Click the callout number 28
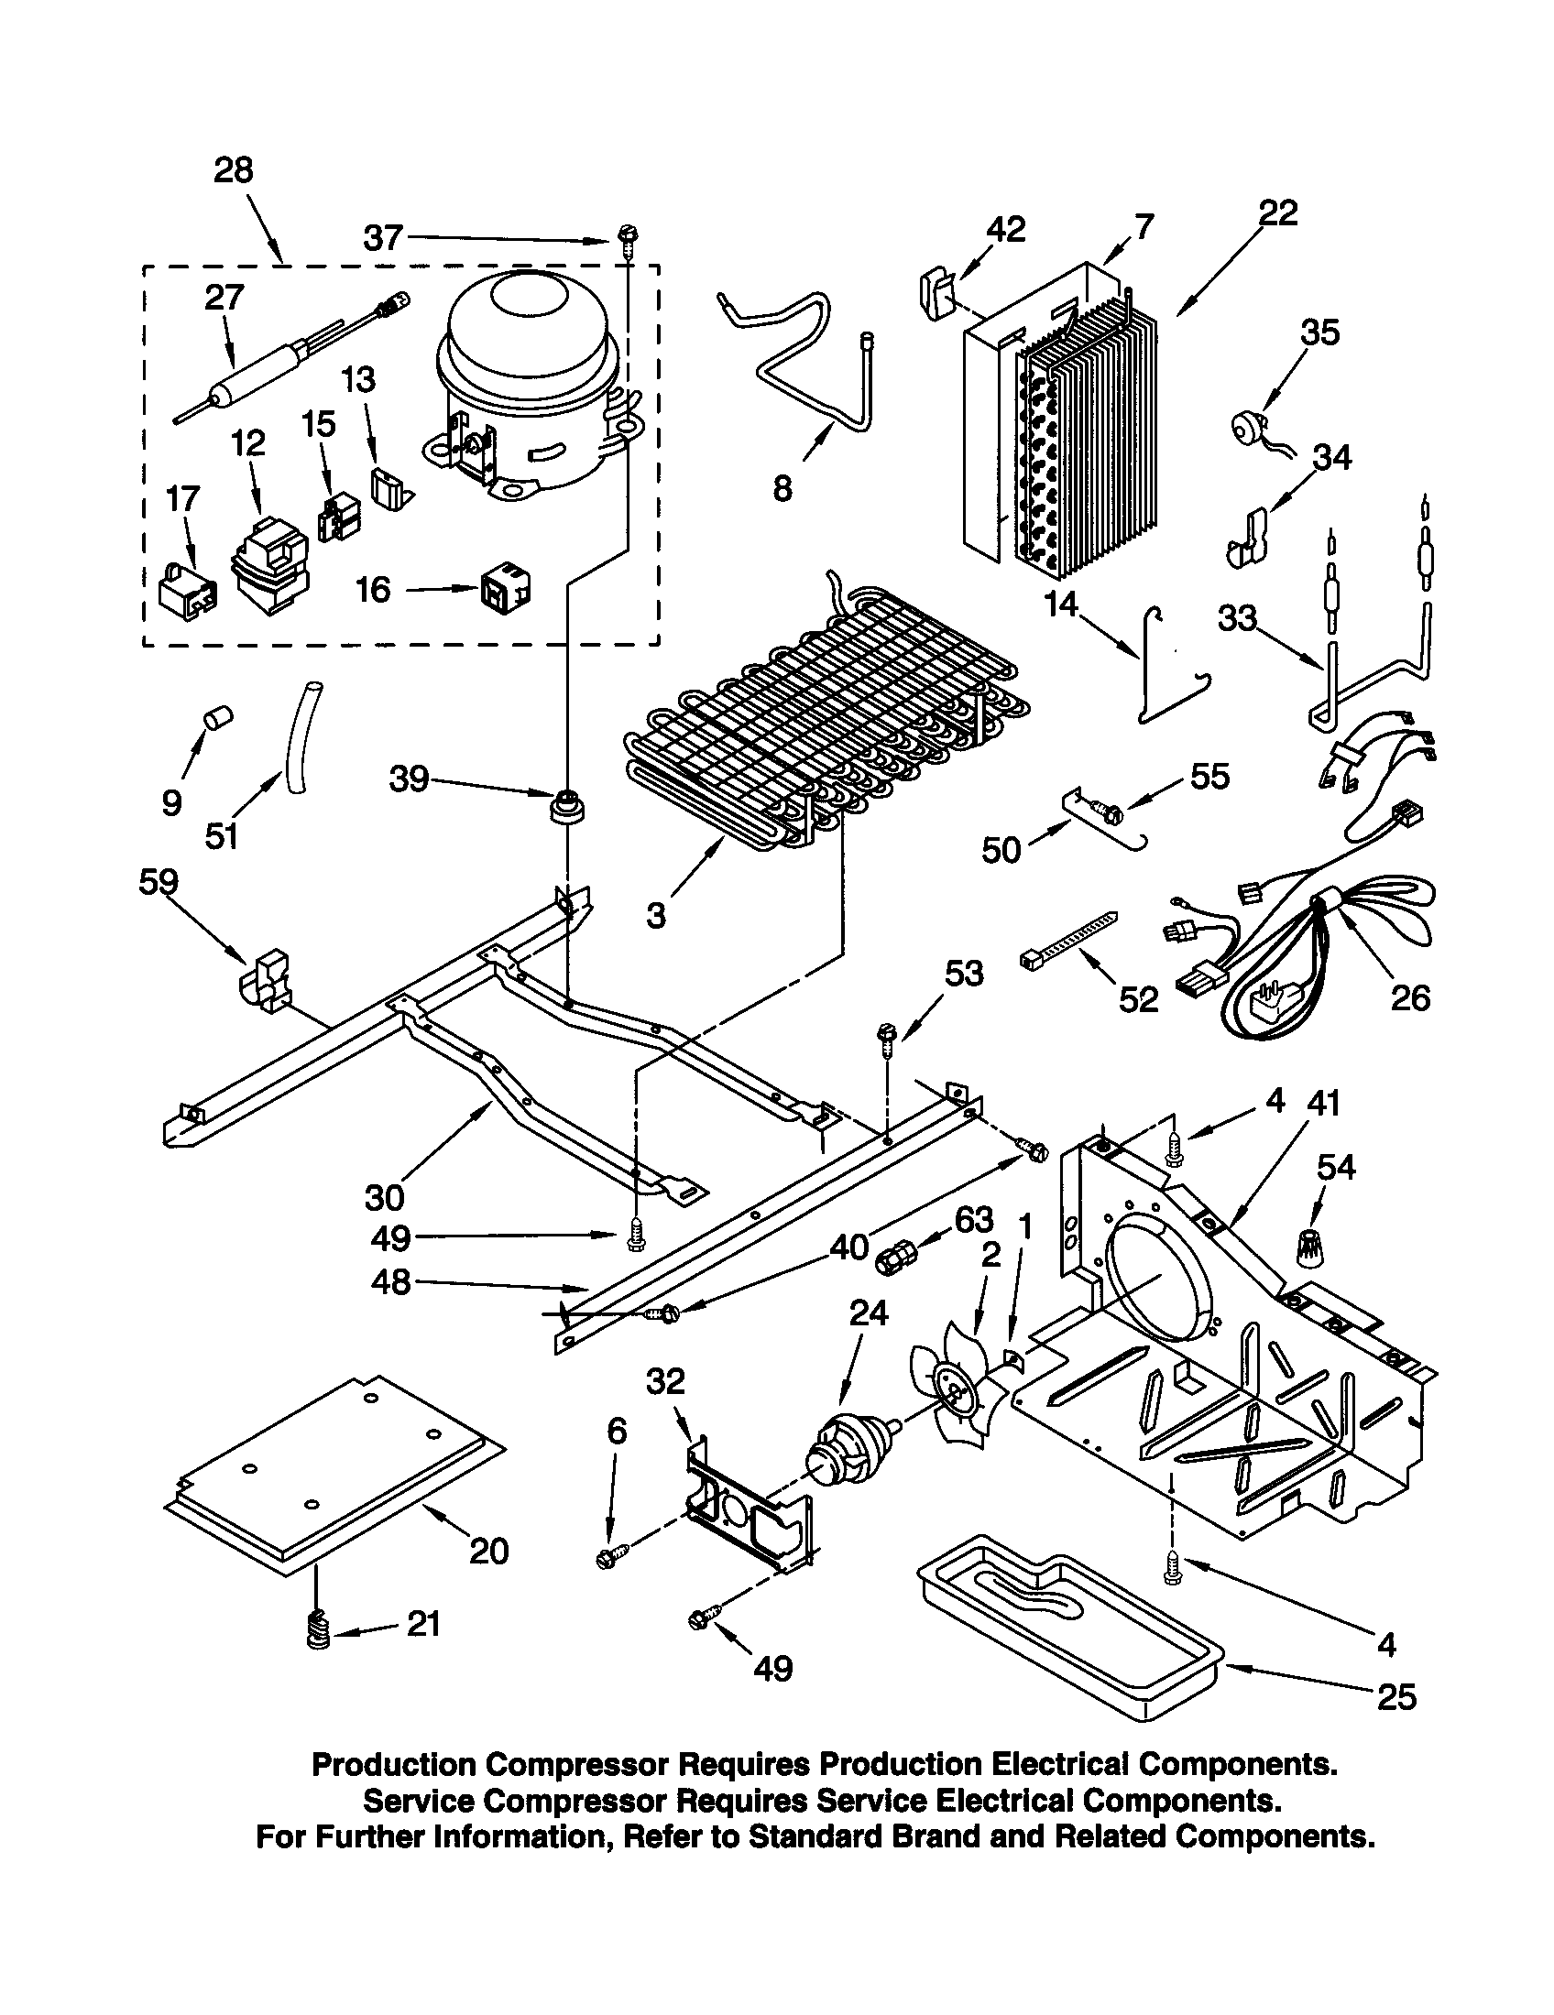(233, 170)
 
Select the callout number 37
(382, 238)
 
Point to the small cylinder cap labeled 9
(219, 716)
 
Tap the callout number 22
(1276, 213)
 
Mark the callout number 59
(158, 883)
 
